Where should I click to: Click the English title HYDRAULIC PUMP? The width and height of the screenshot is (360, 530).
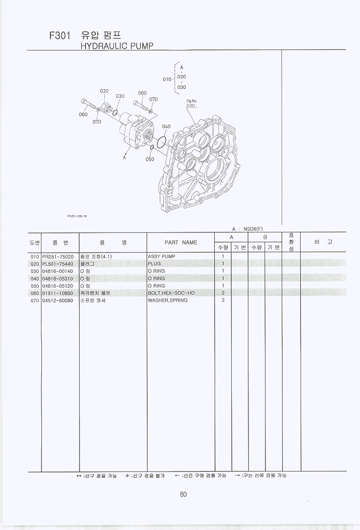[x=117, y=46]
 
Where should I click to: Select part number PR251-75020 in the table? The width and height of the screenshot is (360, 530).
[x=58, y=257]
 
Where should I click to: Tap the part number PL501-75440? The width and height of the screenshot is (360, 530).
[x=58, y=264]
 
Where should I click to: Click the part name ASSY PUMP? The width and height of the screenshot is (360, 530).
[x=161, y=257]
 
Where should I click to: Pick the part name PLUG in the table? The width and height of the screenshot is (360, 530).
[x=154, y=264]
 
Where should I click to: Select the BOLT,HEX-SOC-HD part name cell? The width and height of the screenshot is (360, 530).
[x=171, y=293]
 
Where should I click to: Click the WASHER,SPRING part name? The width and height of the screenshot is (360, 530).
[x=167, y=300]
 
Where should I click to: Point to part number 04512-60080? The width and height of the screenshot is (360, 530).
[x=58, y=300]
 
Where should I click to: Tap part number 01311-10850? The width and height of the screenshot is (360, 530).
[x=58, y=293]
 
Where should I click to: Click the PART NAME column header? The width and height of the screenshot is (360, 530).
[x=180, y=242]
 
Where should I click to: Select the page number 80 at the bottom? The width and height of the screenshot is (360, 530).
[x=183, y=494]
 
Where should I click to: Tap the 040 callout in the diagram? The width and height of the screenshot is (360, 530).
[x=166, y=127]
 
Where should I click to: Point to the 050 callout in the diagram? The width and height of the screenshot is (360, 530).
[x=150, y=159]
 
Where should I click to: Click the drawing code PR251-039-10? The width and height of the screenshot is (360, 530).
[x=76, y=216]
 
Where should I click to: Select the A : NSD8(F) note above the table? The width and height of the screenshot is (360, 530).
[x=247, y=229]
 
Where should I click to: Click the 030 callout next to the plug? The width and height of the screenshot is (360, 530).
[x=120, y=96]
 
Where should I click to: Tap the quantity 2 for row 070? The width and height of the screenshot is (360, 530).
[x=223, y=300]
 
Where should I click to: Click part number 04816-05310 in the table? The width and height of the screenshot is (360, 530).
[x=58, y=279]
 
